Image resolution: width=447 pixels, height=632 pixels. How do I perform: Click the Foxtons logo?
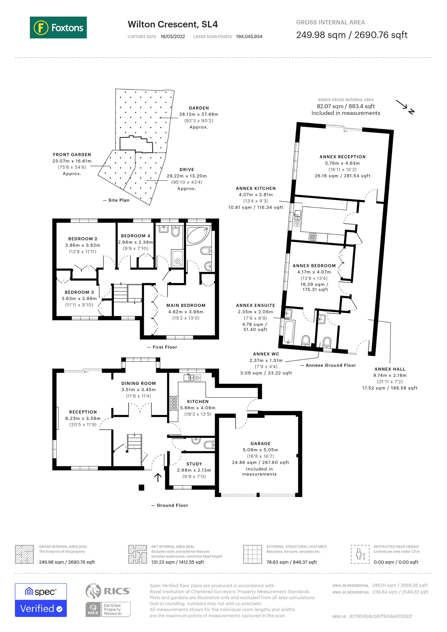pos(58,27)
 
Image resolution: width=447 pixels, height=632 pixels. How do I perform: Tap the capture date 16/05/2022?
pos(173,37)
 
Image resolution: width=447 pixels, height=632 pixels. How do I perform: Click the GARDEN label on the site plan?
pos(199,108)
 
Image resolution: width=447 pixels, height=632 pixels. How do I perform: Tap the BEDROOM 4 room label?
pos(136,236)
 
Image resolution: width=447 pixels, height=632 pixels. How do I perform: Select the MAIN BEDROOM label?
pos(186,305)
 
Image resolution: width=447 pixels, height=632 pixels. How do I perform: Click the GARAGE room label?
pos(260,443)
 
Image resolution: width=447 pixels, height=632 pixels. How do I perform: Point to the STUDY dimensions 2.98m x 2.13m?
pos(194,470)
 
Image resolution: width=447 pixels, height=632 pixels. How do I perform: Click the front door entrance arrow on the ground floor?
pos(158,478)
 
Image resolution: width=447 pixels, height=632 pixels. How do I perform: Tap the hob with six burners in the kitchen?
pos(174,403)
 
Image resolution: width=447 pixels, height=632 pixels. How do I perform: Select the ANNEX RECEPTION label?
pos(342,157)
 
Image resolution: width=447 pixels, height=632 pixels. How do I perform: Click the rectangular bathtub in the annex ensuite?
pos(289,332)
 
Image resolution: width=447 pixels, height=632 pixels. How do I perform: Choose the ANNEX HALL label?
pos(390,369)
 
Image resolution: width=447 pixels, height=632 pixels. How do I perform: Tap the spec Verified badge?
pos(41,600)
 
